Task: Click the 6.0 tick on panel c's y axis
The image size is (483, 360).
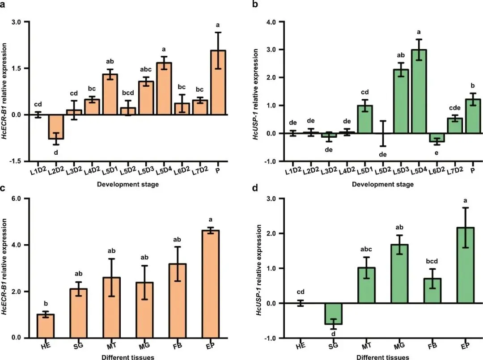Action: coord(17,199)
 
